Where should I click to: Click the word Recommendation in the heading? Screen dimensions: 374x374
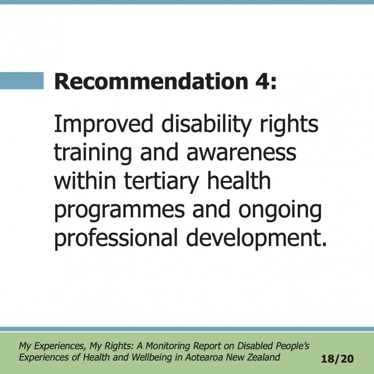tap(151, 81)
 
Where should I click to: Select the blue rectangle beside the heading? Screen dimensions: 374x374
tap(22, 80)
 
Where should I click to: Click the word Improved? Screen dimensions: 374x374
tap(103, 124)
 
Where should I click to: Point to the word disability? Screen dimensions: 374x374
tap(206, 124)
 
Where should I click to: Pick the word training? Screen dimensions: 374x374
tap(93, 153)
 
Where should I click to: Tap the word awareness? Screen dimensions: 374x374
tap(241, 153)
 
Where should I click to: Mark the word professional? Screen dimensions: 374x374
tap(116, 238)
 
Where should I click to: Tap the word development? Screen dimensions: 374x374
tap(256, 238)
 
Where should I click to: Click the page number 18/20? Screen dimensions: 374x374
tap(337, 359)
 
